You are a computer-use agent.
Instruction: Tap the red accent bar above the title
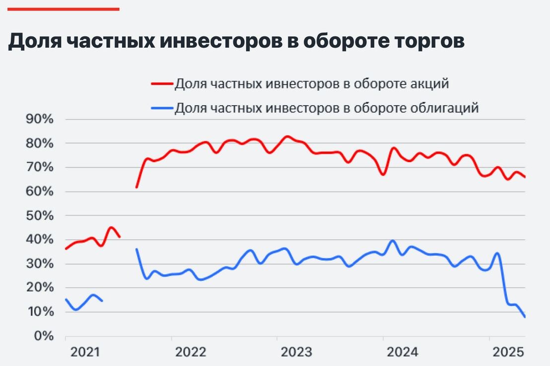(63, 9)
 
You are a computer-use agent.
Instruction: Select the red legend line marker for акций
(161, 84)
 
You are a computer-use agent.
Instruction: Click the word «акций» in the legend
(428, 84)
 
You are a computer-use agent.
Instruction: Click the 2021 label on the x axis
(85, 353)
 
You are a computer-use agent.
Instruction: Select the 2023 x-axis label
(296, 353)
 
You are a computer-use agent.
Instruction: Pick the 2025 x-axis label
(507, 353)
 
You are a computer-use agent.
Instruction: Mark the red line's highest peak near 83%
(287, 136)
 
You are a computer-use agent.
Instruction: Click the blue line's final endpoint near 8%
(525, 317)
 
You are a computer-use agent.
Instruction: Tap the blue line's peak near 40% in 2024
(393, 241)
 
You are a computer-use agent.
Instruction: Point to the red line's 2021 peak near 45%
(111, 228)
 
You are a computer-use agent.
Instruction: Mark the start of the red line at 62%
(137, 187)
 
